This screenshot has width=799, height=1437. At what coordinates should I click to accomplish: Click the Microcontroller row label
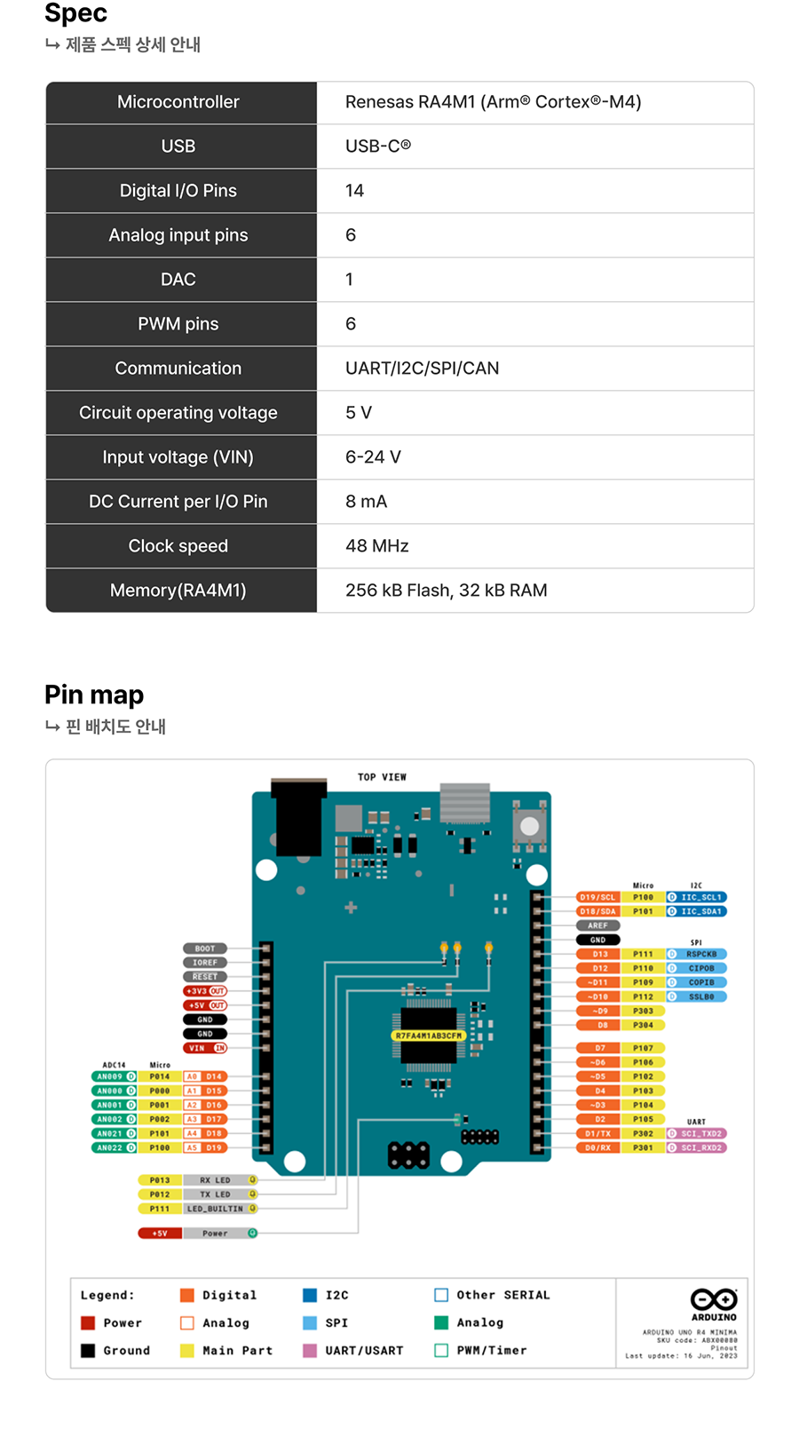(x=178, y=102)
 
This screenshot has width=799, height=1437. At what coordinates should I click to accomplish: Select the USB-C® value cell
(x=377, y=147)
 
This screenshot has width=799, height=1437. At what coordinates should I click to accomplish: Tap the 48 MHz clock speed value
(x=376, y=546)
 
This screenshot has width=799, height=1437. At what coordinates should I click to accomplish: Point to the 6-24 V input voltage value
(x=373, y=457)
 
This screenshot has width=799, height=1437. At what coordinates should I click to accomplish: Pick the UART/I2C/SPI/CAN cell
(x=422, y=369)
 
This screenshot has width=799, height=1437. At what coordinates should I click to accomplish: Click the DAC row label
(x=178, y=280)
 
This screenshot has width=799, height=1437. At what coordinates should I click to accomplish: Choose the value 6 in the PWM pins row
(x=351, y=324)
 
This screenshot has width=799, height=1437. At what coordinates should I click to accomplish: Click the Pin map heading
(x=94, y=695)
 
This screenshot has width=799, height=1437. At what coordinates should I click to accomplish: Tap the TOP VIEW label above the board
(x=382, y=777)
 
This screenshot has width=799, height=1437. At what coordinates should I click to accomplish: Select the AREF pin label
(x=597, y=925)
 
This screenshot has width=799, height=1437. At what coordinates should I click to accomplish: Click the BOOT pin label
(x=205, y=949)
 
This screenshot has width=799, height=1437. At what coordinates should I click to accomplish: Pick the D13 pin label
(x=600, y=954)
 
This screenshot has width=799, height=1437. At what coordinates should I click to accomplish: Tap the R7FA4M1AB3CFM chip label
(x=429, y=1036)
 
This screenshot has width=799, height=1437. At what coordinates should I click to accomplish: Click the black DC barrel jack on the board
(x=297, y=817)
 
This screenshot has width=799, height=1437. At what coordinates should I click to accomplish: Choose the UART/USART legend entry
(x=363, y=1350)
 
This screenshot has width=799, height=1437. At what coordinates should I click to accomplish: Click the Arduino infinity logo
(x=714, y=1299)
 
